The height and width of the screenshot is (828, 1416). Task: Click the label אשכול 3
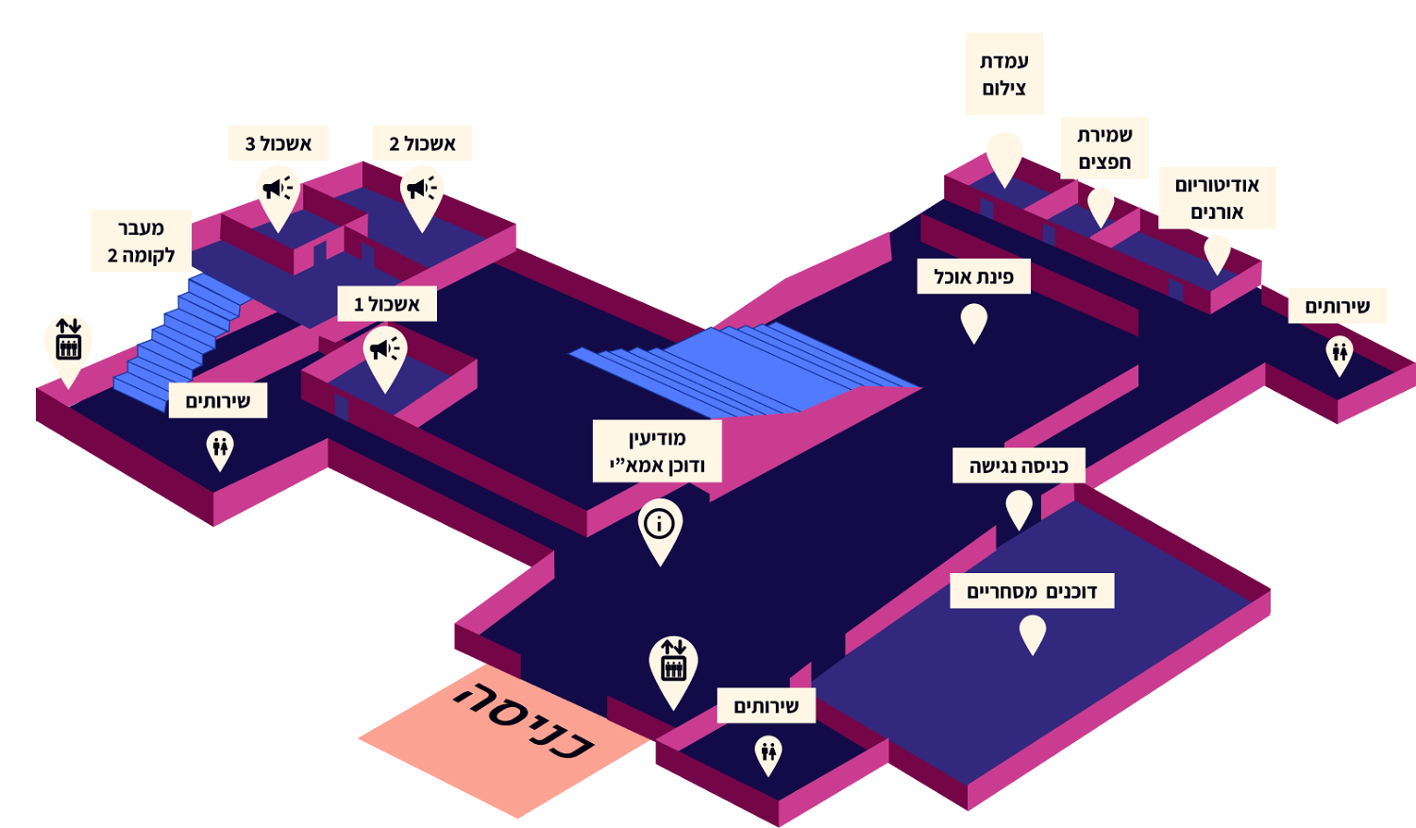(278, 144)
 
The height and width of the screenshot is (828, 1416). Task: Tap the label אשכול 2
(422, 144)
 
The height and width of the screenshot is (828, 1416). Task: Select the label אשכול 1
(387, 304)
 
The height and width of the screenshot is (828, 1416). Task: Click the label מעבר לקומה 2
(141, 241)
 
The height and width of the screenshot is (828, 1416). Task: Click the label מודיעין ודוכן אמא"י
(657, 451)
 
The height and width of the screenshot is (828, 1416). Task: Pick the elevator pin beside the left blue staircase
(68, 344)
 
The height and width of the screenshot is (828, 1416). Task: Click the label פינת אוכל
(973, 277)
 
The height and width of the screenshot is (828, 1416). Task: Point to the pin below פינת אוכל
(973, 322)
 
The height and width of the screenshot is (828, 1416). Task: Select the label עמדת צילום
(1003, 75)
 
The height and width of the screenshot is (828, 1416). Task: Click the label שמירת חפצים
(1104, 148)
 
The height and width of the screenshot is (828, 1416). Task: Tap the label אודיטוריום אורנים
(1217, 198)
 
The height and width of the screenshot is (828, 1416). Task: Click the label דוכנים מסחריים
(1032, 591)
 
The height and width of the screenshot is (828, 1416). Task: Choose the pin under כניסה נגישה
(1019, 507)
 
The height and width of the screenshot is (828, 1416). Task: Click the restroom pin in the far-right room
(1339, 353)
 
